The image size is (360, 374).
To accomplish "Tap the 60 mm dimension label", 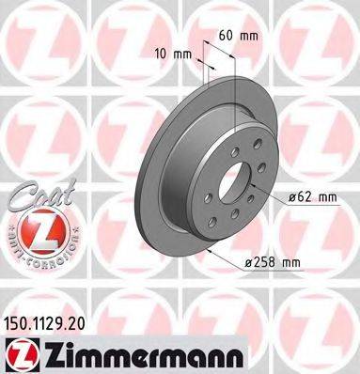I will point(239,35).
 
